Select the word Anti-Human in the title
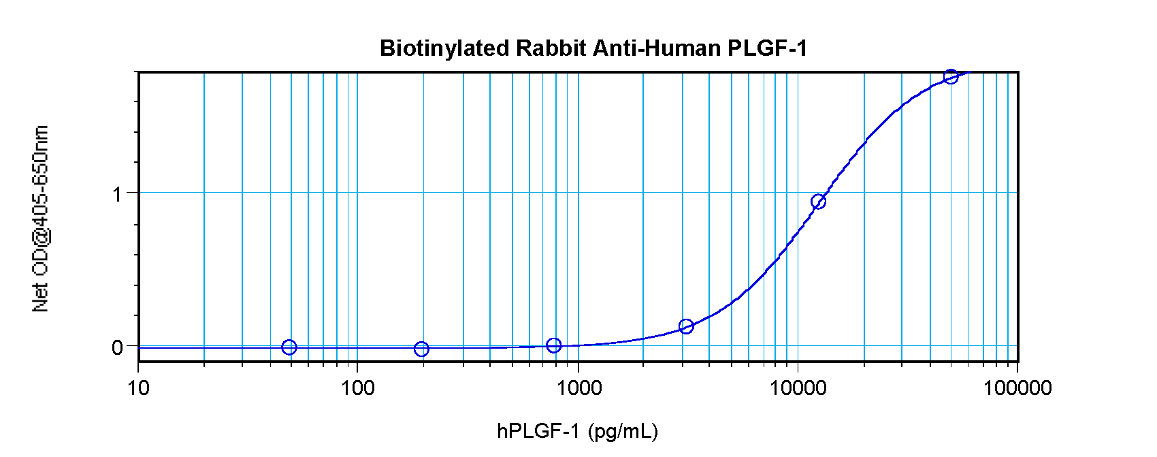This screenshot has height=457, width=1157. (x=657, y=48)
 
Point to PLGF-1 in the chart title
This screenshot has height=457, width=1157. (x=767, y=48)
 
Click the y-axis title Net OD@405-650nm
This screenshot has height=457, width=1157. (x=40, y=219)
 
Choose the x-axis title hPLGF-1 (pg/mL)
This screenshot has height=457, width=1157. (x=577, y=431)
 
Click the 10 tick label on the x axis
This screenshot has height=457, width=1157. (x=138, y=388)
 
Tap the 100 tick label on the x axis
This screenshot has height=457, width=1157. (x=357, y=388)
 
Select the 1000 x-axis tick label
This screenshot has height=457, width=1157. (x=578, y=388)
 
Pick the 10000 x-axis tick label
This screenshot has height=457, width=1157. (x=798, y=388)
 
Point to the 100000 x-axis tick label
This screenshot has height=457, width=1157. (x=1017, y=388)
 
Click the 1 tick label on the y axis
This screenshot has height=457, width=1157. (x=118, y=194)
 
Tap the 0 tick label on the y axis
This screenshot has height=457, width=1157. (x=118, y=347)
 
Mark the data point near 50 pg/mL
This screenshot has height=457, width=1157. (x=289, y=347)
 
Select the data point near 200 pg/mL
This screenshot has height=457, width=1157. (x=421, y=349)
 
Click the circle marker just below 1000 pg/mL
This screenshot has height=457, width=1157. (x=554, y=345)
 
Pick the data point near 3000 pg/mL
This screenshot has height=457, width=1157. (x=686, y=326)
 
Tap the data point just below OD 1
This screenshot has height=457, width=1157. (x=819, y=202)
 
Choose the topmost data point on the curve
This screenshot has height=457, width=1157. (x=951, y=77)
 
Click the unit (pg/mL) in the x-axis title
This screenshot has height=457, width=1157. (x=623, y=431)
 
